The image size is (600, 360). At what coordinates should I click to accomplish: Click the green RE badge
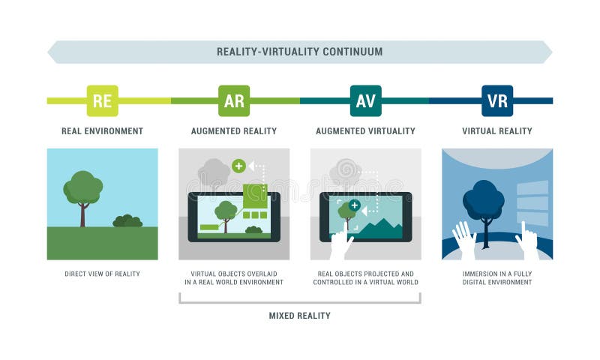pyautogui.click(x=102, y=100)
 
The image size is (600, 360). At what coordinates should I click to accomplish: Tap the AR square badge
pyautogui.click(x=234, y=100)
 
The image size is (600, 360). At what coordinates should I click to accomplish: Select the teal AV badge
pyautogui.click(x=365, y=100)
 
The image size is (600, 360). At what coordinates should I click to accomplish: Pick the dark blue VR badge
pyautogui.click(x=497, y=100)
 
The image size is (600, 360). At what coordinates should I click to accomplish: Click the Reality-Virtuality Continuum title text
pyautogui.click(x=299, y=52)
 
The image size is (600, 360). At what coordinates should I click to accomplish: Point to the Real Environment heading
pyautogui.click(x=102, y=131)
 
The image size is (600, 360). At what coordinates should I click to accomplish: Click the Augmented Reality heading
pyautogui.click(x=234, y=131)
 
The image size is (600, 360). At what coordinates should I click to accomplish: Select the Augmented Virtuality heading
pyautogui.click(x=365, y=131)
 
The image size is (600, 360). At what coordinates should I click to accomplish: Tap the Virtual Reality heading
pyautogui.click(x=497, y=131)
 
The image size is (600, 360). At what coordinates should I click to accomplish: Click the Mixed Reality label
pyautogui.click(x=299, y=316)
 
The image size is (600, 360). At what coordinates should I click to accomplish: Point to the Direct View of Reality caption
pyautogui.click(x=102, y=274)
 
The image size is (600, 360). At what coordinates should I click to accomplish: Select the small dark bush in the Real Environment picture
pyautogui.click(x=127, y=220)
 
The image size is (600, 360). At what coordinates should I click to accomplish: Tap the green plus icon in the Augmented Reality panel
pyautogui.click(x=238, y=166)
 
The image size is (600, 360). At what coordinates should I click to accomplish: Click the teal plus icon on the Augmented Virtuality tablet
pyautogui.click(x=355, y=205)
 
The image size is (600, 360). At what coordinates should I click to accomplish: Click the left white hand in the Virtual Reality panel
pyautogui.click(x=464, y=239)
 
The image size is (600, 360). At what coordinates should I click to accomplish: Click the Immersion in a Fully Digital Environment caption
pyautogui.click(x=497, y=278)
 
